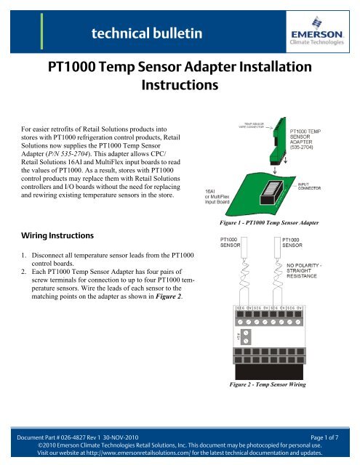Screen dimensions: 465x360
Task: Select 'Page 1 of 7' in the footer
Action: (x=325, y=434)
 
